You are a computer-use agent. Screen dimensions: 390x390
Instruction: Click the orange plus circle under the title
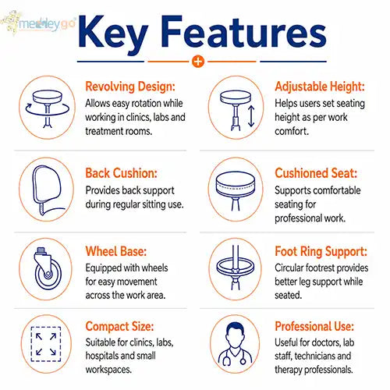click(x=198, y=62)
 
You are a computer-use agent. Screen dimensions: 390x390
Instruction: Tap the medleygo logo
click(x=38, y=23)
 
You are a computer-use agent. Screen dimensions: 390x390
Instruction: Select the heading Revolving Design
click(x=130, y=87)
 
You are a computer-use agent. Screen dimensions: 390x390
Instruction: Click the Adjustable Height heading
click(x=320, y=87)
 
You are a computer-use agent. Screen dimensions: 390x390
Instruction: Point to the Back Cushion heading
click(x=122, y=173)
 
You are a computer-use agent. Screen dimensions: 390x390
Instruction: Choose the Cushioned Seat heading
click(x=316, y=173)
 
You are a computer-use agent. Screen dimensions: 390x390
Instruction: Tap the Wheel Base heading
click(x=116, y=251)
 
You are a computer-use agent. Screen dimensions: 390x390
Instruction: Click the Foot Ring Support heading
click(x=321, y=251)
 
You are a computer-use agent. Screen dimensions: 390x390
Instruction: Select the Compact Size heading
click(x=119, y=327)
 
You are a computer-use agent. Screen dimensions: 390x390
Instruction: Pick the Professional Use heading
click(x=314, y=327)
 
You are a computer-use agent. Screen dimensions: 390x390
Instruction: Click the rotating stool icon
click(x=48, y=108)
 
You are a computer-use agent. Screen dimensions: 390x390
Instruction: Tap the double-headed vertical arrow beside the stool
click(x=251, y=116)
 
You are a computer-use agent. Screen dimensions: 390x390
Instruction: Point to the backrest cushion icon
click(x=47, y=190)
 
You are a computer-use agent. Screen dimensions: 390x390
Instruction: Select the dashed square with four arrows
click(x=46, y=344)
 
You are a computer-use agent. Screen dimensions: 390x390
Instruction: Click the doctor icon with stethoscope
click(x=235, y=344)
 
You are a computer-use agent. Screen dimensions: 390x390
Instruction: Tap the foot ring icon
click(x=235, y=268)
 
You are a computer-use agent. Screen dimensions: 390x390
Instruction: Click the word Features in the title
click(x=243, y=32)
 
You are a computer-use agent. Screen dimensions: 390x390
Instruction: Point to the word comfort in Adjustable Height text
click(x=292, y=131)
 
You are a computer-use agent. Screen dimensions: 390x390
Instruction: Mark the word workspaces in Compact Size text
click(x=108, y=370)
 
